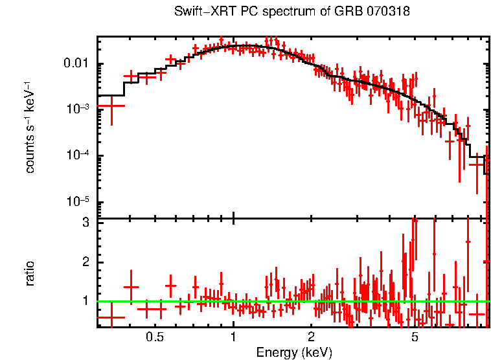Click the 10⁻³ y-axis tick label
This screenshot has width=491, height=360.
tap(79, 109)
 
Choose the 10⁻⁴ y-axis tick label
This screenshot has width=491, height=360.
tap(79, 156)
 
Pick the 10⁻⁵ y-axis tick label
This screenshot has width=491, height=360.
tap(79, 202)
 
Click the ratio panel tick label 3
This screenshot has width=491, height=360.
tap(84, 222)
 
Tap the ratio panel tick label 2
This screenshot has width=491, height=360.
tap(84, 262)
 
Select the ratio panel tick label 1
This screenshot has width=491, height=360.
tap(84, 302)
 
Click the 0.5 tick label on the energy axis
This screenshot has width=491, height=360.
tap(154, 337)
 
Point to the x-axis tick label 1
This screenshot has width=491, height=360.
tap(233, 337)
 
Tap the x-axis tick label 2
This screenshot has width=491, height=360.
tap(312, 337)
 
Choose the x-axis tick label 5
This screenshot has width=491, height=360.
tap(415, 337)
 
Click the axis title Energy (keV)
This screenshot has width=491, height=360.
tap(294, 352)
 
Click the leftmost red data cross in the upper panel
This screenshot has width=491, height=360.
tap(111, 105)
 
